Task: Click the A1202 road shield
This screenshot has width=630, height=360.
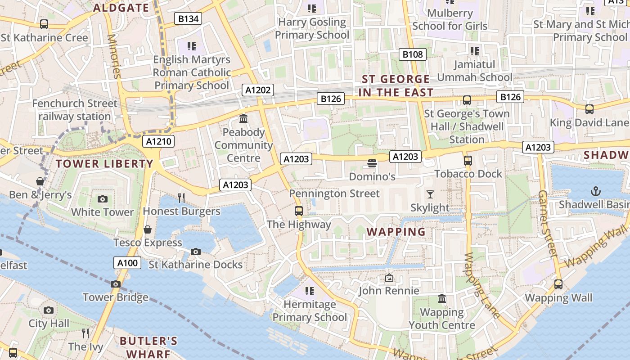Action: click(258, 90)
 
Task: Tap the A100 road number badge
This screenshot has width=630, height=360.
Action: click(127, 263)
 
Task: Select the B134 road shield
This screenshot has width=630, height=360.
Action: click(188, 18)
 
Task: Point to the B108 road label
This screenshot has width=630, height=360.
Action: click(413, 54)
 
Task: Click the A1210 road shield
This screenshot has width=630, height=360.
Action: click(159, 142)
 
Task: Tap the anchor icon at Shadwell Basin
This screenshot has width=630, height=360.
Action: click(596, 191)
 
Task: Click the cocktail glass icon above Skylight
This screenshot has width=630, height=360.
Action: click(430, 194)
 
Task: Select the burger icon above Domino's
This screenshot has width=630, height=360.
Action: click(372, 163)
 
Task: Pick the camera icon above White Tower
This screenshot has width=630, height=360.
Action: click(103, 199)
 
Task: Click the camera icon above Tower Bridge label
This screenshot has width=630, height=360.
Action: click(116, 284)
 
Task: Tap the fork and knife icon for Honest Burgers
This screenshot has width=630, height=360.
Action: click(181, 198)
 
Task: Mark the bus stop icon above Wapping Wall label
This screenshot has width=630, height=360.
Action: click(558, 284)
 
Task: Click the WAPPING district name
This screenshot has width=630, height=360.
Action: click(396, 232)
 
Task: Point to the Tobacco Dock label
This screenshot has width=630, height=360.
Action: click(468, 174)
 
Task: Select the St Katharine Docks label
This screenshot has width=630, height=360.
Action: click(195, 265)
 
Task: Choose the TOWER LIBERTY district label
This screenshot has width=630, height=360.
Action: click(104, 164)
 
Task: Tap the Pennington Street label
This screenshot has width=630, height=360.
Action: click(334, 193)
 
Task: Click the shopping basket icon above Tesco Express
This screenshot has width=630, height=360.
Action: click(147, 230)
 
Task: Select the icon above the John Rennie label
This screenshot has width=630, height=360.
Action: click(389, 278)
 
